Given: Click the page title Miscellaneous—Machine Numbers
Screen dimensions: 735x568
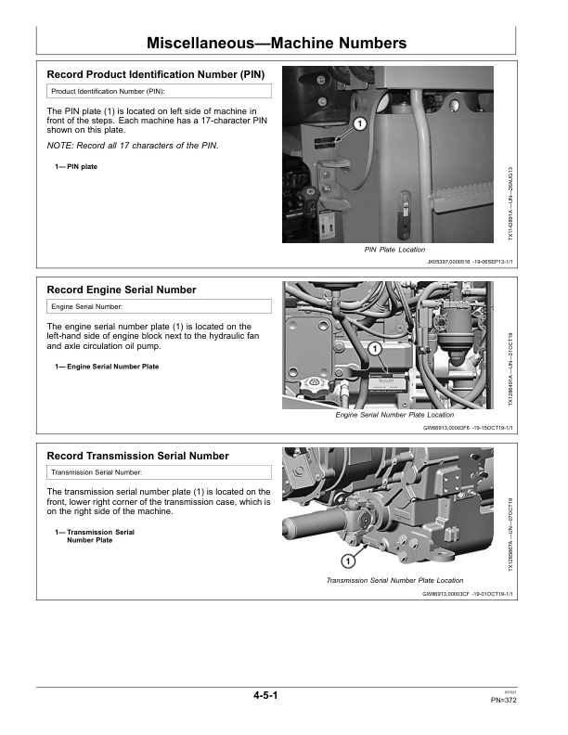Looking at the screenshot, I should pos(277,43).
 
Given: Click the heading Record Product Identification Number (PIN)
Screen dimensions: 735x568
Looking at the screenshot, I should pos(155,73).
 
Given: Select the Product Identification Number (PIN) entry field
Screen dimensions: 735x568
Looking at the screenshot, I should pos(159,92).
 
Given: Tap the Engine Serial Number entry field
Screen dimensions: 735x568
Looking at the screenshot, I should pos(159,306).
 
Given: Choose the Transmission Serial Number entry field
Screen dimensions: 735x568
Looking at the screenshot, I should pos(159,472).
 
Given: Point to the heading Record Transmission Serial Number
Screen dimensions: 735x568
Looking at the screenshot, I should pos(137,456).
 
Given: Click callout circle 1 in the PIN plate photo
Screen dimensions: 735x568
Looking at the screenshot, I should pos(360,124).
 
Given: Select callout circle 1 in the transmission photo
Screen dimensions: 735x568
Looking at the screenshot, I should pos(346,561).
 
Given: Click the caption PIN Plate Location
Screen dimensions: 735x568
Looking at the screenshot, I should pos(394,250).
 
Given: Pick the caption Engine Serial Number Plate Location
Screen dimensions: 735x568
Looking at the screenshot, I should pos(394,415).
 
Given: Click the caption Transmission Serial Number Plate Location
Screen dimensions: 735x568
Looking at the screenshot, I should pos(394,580).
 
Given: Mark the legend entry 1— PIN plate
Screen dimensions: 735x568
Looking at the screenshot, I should pos(76,167).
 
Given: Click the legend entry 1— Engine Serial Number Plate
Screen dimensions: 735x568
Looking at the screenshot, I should pos(107,367).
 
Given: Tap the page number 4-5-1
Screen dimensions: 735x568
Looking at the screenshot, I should pos(265,694).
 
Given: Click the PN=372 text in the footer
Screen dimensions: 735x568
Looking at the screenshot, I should pos(503,701).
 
